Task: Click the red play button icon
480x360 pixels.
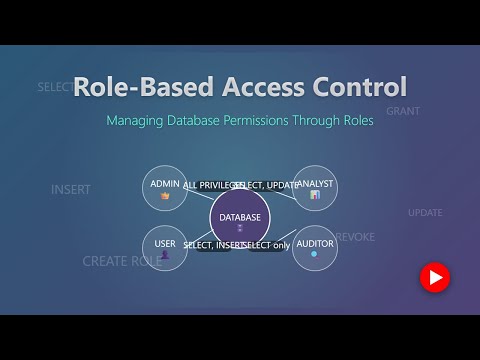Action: click(x=434, y=276)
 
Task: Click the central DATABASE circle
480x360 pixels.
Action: click(x=240, y=219)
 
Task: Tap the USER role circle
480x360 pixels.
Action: click(x=165, y=248)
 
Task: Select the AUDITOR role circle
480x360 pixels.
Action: click(x=315, y=248)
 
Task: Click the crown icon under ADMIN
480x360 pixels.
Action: click(x=165, y=196)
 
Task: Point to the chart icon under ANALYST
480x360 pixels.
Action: click(x=315, y=196)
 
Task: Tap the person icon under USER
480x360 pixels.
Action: click(x=165, y=256)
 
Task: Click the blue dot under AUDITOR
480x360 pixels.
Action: click(x=315, y=255)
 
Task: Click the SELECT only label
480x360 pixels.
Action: click(x=267, y=245)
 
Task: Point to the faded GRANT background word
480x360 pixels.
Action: click(x=402, y=111)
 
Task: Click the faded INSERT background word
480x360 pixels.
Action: click(x=71, y=189)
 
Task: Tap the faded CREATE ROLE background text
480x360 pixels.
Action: click(x=121, y=261)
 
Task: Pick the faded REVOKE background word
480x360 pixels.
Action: click(x=355, y=236)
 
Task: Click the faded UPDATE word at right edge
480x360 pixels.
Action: click(x=425, y=212)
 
